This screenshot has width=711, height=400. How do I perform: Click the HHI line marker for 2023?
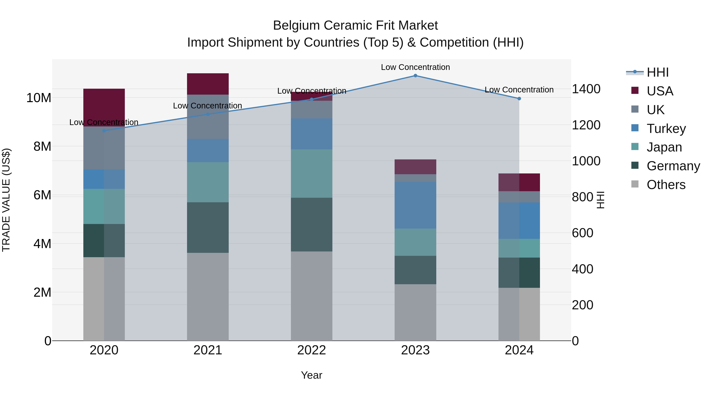point(415,76)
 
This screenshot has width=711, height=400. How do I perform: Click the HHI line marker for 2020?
point(104,131)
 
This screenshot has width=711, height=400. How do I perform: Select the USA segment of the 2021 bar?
point(208,84)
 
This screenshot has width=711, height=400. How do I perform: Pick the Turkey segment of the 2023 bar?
point(415,205)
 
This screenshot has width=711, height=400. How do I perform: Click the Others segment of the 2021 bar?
point(208,297)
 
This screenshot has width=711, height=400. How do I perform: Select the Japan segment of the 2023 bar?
point(415,242)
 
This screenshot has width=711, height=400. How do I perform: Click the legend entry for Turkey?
point(666,129)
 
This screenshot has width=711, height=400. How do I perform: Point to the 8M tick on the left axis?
point(42,147)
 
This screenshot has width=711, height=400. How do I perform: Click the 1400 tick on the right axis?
point(586,89)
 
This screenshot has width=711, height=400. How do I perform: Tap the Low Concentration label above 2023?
point(415,67)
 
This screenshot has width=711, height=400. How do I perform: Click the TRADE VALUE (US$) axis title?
point(6,200)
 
